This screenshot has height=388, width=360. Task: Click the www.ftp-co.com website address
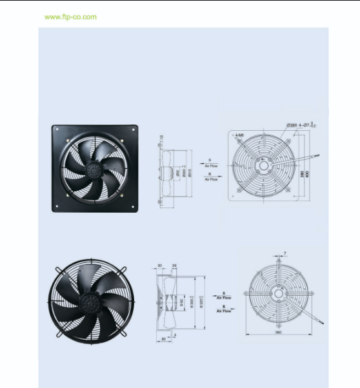71,17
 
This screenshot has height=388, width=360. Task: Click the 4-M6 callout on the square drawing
239,135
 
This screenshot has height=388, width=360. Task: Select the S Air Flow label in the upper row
210,163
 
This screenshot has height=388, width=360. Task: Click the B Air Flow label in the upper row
210,178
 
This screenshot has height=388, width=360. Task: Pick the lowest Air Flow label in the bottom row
224,310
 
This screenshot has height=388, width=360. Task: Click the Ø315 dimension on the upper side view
190,172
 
